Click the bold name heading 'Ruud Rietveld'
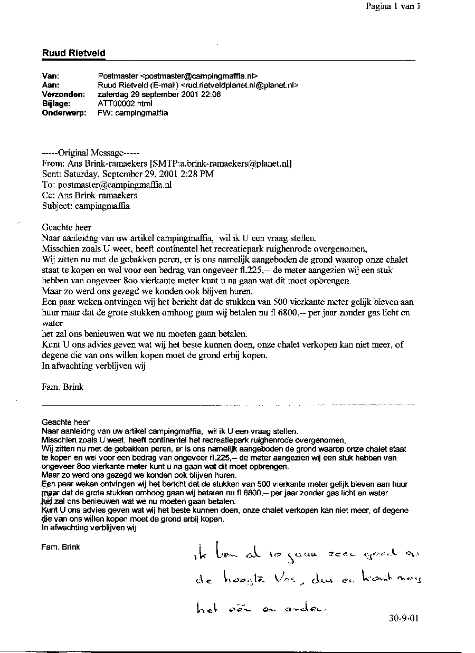pos(73,53)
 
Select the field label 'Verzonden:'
pos(63,94)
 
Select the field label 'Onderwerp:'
pos(64,112)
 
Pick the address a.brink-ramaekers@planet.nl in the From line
pos(229,164)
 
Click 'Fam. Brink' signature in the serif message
pos(62,387)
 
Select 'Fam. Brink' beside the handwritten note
pos(60,547)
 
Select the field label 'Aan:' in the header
pos(51,85)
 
